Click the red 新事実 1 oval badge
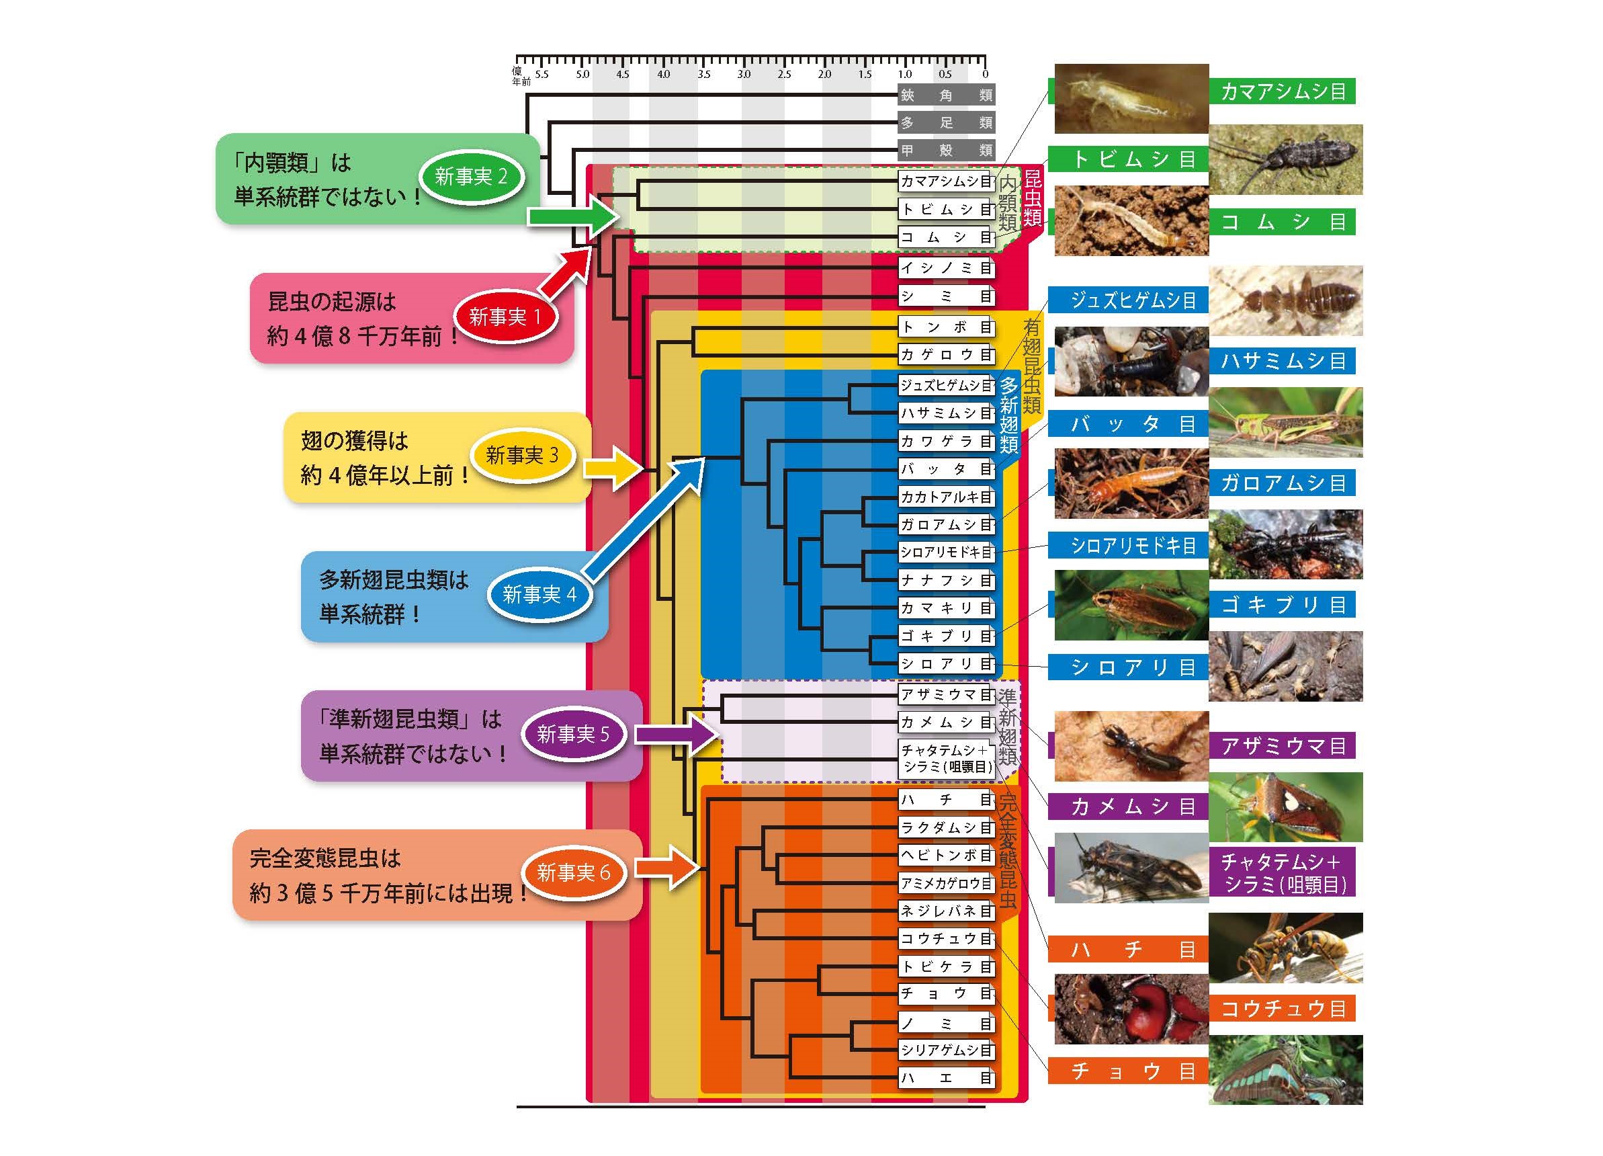tap(505, 317)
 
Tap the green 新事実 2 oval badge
tap(471, 177)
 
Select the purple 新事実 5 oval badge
tap(572, 734)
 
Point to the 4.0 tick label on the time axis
tap(663, 74)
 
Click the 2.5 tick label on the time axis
tap(784, 74)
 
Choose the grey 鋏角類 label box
tap(947, 95)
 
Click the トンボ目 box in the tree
tap(947, 327)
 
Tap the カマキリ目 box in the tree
tap(947, 608)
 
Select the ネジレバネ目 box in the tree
tap(947, 911)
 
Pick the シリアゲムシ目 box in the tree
tap(947, 1050)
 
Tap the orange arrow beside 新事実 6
tap(667, 868)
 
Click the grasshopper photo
tap(1285, 422)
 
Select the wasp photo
tap(1285, 948)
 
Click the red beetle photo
tap(1131, 1009)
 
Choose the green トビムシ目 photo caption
tap(1129, 159)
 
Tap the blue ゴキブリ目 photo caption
tap(1282, 606)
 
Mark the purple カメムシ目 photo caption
tap(1129, 806)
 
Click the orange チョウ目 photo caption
tap(1129, 1071)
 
